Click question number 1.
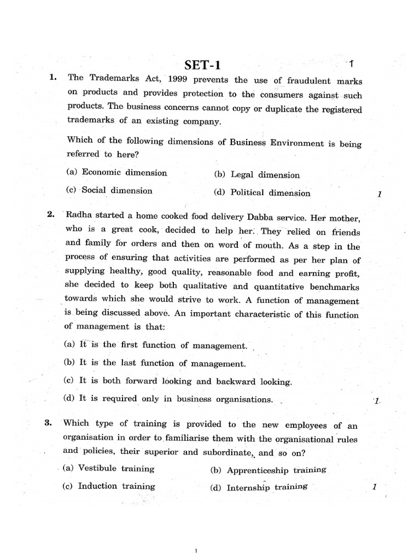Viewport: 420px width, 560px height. point(52,78)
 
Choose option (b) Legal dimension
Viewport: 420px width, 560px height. point(257,175)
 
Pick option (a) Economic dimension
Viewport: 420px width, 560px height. point(116,172)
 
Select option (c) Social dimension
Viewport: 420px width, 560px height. point(109,190)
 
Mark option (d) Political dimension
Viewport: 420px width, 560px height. point(262,192)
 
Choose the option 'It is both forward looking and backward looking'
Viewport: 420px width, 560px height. point(178,381)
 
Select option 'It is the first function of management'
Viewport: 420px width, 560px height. point(156,345)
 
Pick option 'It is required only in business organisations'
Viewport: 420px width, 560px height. point(168,399)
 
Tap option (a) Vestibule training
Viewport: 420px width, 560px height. point(109,468)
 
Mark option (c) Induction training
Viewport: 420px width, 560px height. point(109,486)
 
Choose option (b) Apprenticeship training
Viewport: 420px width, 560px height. point(268,470)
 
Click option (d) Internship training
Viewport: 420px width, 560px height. point(259,487)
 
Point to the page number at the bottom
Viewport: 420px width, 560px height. point(196,551)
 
